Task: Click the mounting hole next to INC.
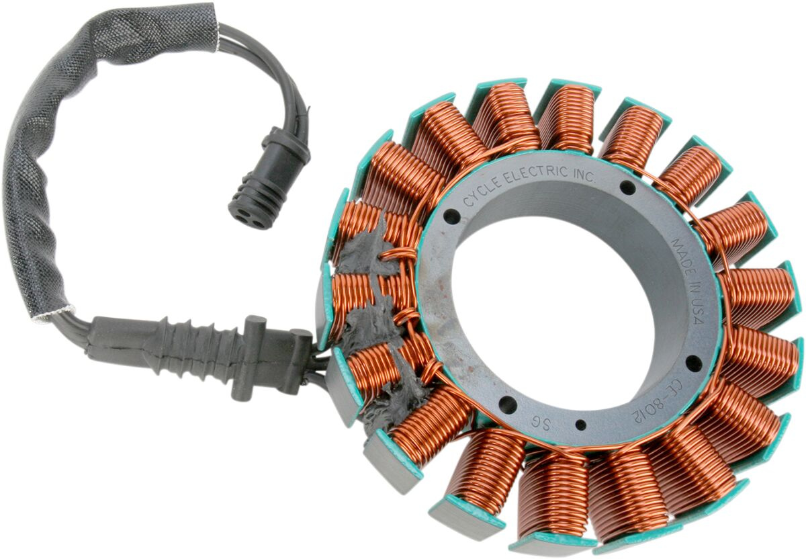[627, 187]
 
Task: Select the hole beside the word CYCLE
[452, 217]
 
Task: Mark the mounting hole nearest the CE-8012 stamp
[692, 363]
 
